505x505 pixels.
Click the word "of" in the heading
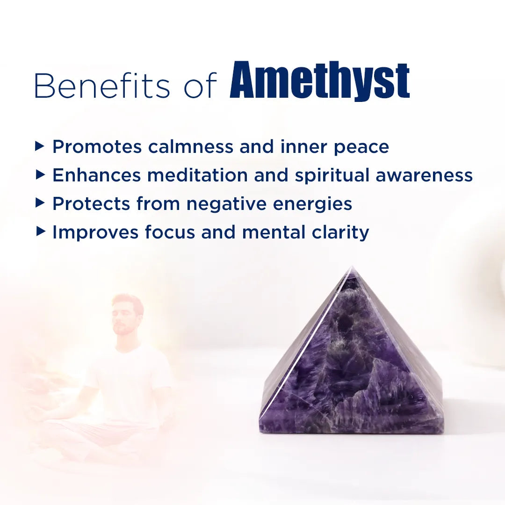coord(200,86)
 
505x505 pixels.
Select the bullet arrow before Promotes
coord(40,147)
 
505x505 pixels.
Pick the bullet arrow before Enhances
coord(40,175)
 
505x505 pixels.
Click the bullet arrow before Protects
coord(40,203)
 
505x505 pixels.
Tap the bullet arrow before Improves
coord(40,231)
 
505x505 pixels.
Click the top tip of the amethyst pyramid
coord(352,268)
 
